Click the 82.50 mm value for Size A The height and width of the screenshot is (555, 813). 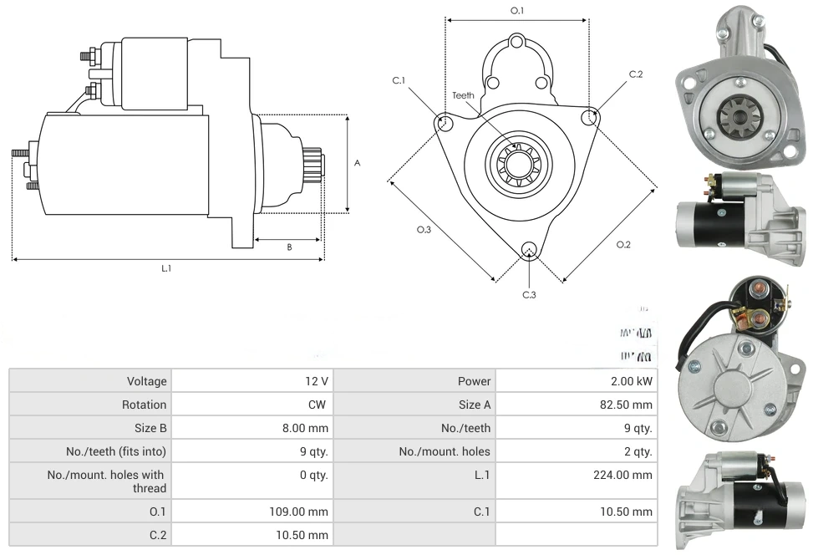631,405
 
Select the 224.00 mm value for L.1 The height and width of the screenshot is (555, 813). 631,475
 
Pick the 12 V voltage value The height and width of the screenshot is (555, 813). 317,381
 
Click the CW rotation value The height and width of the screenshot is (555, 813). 319,405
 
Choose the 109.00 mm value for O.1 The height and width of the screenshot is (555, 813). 305,512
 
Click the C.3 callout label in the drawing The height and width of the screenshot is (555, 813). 529,295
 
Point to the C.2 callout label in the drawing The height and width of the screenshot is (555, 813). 636,74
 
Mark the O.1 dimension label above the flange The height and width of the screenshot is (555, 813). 517,11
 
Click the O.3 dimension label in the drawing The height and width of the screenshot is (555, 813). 424,230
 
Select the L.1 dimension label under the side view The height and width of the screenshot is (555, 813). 166,268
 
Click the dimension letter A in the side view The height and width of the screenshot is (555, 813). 357,163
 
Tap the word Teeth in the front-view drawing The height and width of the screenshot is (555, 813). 463,95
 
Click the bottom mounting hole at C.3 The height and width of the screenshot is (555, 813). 528,250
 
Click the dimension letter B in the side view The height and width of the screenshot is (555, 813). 289,247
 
